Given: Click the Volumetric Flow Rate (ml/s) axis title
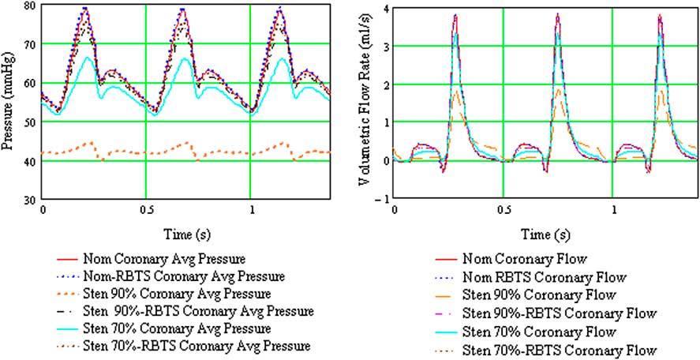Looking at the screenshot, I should pos(365,103).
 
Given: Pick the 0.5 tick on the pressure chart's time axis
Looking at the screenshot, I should pos(147,212).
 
